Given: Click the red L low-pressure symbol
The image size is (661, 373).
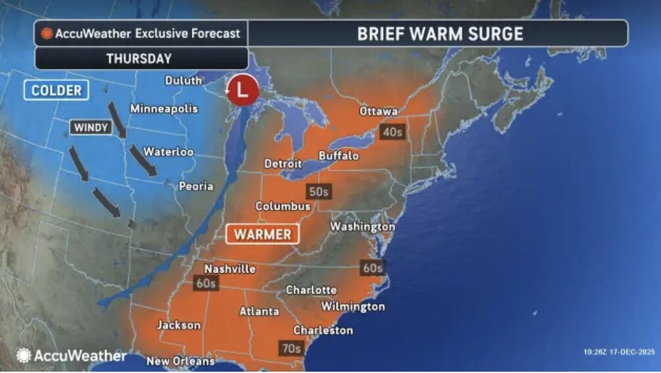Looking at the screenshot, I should point(242,93).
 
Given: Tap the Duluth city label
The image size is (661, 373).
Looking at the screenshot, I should point(183,80).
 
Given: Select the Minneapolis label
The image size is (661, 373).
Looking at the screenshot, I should point(164,108).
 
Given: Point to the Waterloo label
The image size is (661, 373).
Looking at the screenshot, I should point(169,152).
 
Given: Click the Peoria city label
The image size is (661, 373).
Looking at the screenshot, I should point(196,186).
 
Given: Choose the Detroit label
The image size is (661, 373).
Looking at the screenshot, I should point(283,163).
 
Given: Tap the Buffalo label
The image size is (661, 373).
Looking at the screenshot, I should point(338,156).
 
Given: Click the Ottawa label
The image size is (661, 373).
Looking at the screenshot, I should point(378,111).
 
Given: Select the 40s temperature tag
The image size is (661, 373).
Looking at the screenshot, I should point(392,132).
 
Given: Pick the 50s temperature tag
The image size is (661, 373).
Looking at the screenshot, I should point(318,192).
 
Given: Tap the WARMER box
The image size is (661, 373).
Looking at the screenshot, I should point(262,234).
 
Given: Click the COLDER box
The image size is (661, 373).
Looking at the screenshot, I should point(57,90).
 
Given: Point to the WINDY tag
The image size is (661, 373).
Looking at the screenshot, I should point(91,127).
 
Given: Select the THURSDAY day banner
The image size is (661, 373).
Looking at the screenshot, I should point(139,58).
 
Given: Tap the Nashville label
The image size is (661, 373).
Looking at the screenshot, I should point(230,269).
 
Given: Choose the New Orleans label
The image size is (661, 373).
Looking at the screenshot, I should point(180,361).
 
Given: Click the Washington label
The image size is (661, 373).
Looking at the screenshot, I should point(362,227).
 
